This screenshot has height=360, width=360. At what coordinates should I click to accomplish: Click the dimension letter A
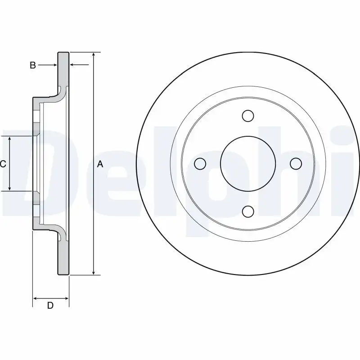[100, 164]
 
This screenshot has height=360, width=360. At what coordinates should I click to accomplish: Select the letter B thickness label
[32, 65]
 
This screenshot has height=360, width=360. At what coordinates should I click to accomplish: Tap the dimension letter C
[3, 164]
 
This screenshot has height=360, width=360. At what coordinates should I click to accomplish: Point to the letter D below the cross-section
[50, 306]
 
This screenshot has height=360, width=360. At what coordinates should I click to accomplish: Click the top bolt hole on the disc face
[247, 116]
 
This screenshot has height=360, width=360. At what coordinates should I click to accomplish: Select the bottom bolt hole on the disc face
[247, 211]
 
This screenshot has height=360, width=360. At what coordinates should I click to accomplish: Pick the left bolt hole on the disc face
[200, 164]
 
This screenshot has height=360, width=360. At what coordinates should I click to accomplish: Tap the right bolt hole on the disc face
[295, 164]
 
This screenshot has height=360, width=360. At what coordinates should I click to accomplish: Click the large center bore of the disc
[247, 164]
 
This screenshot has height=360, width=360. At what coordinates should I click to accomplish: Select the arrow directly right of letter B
[54, 65]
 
